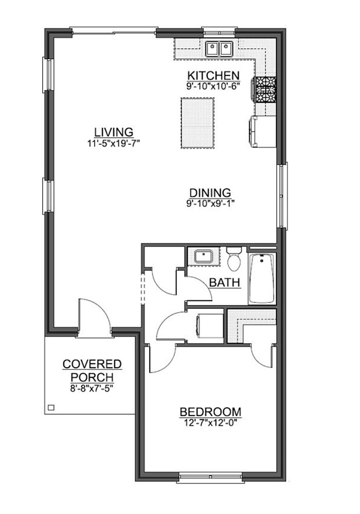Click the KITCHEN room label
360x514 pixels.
click(213, 76)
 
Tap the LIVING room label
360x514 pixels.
click(114, 132)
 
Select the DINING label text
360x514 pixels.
click(210, 193)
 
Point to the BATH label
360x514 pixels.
click(225, 282)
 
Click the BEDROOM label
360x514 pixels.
click(210, 412)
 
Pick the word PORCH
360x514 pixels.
click(92, 377)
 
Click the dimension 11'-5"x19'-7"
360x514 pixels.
click(114, 143)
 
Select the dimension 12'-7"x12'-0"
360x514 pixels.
click(210, 423)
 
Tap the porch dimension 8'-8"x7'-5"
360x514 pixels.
click(92, 389)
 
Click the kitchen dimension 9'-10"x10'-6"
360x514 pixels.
click(213, 86)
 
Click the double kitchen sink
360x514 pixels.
click(219, 49)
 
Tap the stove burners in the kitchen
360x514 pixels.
click(266, 89)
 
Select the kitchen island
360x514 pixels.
click(197, 123)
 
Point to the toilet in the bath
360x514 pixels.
click(234, 259)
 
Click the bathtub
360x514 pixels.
click(262, 278)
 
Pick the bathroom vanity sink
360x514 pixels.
click(203, 256)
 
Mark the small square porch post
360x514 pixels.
click(51, 408)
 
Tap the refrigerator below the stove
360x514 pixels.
click(263, 131)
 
